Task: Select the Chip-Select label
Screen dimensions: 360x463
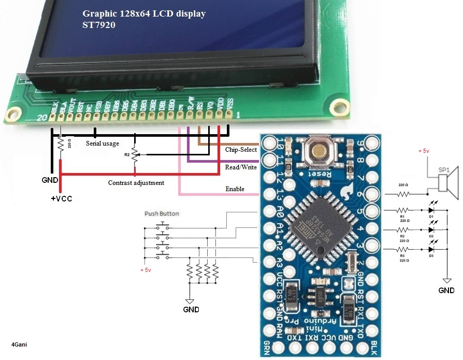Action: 241,150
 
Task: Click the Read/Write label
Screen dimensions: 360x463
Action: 241,167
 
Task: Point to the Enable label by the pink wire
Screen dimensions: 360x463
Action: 235,189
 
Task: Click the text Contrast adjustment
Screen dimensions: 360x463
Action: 136,183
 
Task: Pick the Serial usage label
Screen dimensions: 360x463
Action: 103,143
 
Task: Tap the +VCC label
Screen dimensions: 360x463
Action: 61,199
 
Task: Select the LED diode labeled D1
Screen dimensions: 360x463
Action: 430,211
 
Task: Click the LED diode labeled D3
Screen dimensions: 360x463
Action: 430,249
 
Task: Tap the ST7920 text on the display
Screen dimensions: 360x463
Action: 99,24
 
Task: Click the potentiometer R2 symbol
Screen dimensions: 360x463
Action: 135,154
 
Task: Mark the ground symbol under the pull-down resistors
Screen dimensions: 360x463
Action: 190,300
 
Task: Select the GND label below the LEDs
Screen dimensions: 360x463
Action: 446,291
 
